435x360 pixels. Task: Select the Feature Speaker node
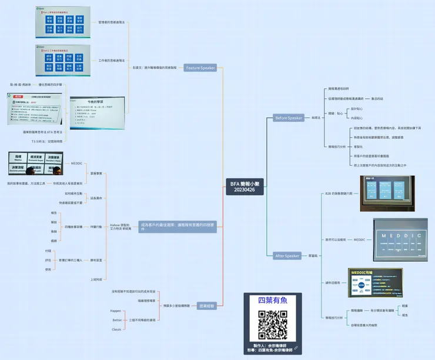(x=201, y=68)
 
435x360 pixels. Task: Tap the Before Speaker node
(x=289, y=118)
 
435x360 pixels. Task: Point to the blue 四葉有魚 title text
(x=273, y=301)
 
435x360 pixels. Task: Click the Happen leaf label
(x=116, y=310)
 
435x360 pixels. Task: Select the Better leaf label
(x=117, y=320)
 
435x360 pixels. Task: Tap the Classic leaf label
(x=116, y=329)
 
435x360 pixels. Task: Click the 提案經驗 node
(x=206, y=305)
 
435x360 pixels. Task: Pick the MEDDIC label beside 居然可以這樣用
(x=359, y=240)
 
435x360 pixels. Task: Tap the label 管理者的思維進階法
(x=112, y=22)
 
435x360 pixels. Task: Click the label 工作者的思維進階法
(x=112, y=60)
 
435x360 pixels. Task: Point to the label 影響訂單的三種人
(x=71, y=259)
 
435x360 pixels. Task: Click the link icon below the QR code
(x=296, y=348)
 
